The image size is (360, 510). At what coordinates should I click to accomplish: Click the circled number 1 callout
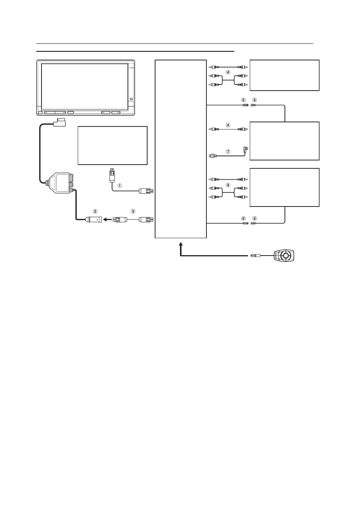click(120, 186)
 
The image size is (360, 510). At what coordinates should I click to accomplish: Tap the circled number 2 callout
click(95, 211)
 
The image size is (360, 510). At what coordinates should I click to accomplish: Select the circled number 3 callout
click(133, 211)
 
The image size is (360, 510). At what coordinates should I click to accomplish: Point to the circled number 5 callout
click(243, 100)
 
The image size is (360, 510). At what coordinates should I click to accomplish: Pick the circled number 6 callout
click(255, 100)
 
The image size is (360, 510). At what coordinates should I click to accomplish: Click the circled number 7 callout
click(228, 151)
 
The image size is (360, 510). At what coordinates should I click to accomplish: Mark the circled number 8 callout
click(243, 218)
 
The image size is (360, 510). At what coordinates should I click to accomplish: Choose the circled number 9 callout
click(255, 218)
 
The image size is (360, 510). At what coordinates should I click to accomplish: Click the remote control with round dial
click(284, 256)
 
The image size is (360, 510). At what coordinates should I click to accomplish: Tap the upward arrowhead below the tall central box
click(181, 244)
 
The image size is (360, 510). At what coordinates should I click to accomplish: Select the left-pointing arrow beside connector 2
click(107, 220)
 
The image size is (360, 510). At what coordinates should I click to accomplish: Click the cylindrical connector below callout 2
click(94, 220)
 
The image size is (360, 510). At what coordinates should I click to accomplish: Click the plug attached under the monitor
click(59, 122)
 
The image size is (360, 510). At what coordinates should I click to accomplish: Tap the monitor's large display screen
click(85, 86)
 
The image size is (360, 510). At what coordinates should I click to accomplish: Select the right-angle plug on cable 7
click(246, 150)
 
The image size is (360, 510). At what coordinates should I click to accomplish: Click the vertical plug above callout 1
click(111, 175)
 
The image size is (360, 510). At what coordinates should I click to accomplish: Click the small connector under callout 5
click(246, 105)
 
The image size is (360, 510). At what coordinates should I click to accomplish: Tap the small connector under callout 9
click(254, 223)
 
